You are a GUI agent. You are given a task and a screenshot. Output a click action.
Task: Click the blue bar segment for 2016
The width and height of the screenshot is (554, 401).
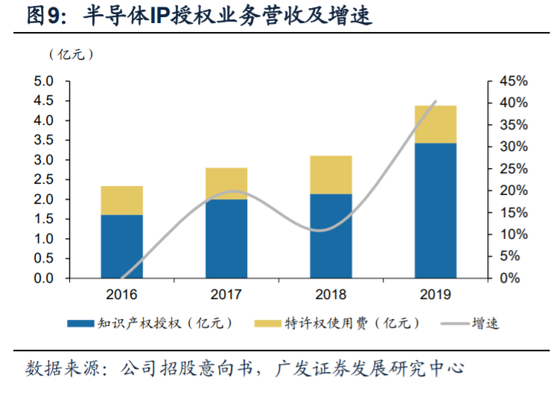(121, 246)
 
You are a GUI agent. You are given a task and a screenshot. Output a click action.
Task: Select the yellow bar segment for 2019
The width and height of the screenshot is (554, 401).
(435, 124)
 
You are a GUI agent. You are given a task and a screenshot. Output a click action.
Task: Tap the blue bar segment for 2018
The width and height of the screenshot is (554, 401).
(331, 236)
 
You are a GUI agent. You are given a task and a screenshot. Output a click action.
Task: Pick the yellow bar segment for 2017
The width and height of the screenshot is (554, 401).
(226, 183)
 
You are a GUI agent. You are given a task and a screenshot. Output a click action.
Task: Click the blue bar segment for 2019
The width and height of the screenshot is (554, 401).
(435, 211)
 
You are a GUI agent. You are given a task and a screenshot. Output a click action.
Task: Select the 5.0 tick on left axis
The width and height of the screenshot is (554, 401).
(44, 81)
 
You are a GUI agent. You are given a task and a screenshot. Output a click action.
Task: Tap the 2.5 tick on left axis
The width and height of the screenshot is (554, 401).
(44, 180)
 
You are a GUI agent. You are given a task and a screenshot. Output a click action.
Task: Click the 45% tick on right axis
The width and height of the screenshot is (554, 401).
(513, 81)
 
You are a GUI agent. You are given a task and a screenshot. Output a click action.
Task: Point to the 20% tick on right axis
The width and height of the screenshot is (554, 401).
(513, 191)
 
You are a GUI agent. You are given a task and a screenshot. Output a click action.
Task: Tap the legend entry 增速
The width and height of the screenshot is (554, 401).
(485, 324)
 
